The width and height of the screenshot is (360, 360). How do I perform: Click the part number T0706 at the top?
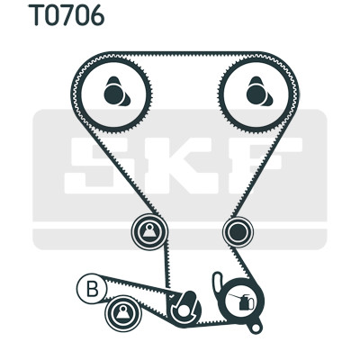[x=67, y=15]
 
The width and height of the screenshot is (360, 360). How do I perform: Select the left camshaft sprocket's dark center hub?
[x=114, y=94]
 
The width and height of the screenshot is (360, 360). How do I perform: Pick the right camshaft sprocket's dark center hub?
[x=256, y=94]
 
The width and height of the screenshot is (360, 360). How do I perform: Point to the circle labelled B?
[x=92, y=289]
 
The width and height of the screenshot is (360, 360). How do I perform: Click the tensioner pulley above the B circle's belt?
[x=149, y=231]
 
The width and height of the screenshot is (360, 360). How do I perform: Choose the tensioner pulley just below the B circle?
[x=123, y=313]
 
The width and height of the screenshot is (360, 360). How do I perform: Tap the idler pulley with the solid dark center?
[x=238, y=231]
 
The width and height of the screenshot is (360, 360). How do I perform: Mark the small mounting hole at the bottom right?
[x=256, y=328]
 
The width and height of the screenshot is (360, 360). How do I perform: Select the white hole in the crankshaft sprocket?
[x=184, y=311]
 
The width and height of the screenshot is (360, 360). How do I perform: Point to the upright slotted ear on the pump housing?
[x=218, y=283]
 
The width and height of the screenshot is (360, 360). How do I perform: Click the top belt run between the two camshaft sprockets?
[x=185, y=54]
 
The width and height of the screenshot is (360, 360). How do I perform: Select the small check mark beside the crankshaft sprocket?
[x=171, y=296]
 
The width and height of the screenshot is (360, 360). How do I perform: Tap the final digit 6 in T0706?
[x=96, y=15]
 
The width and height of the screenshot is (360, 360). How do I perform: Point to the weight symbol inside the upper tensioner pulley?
[x=149, y=231]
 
